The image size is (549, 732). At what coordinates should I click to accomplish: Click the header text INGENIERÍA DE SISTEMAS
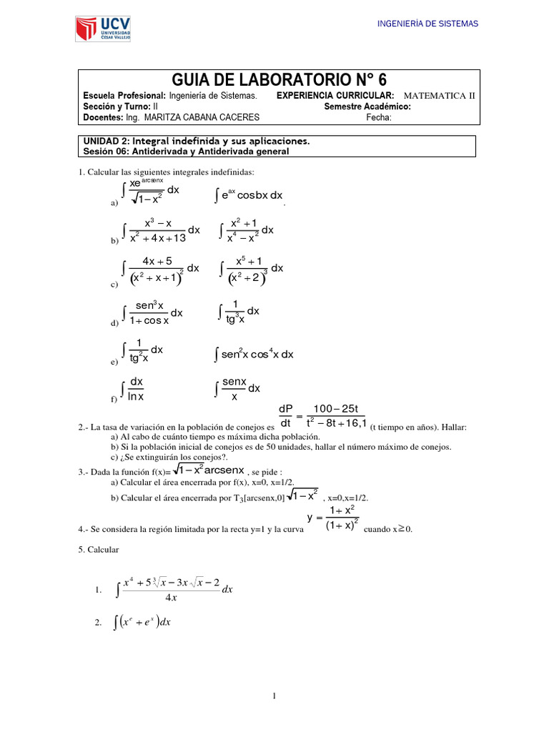pyautogui.click(x=427, y=24)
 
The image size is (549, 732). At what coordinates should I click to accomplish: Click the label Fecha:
pyautogui.click(x=379, y=118)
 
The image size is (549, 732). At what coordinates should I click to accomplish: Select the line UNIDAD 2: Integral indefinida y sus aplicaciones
pyautogui.click(x=197, y=142)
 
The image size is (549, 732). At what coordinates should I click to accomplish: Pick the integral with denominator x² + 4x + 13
pyautogui.click(x=161, y=230)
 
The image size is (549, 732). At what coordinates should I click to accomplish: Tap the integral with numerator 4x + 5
pyautogui.click(x=161, y=269)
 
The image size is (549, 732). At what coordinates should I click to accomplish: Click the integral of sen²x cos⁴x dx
pyautogui.click(x=254, y=355)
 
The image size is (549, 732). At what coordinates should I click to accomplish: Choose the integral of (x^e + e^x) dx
pyautogui.click(x=142, y=623)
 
